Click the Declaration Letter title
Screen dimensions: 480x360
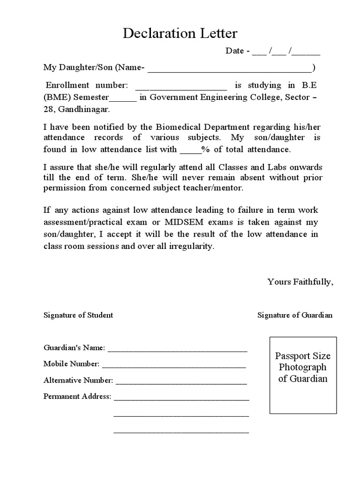click(x=180, y=33)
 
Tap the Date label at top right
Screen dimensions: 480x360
click(x=234, y=51)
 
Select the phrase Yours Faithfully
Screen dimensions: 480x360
click(x=300, y=282)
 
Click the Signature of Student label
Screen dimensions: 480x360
click(x=78, y=315)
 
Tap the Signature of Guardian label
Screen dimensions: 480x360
click(x=295, y=315)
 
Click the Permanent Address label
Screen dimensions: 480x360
click(x=77, y=397)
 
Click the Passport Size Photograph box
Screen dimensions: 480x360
click(x=303, y=375)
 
